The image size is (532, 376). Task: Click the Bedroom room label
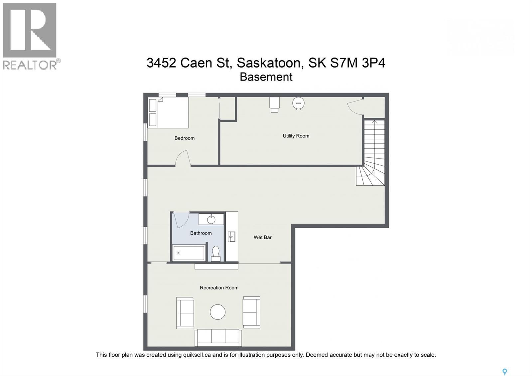coord(184,138)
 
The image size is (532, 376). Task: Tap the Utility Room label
coord(296,136)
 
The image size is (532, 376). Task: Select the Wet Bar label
coord(262,237)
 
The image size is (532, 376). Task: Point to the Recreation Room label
coord(219,287)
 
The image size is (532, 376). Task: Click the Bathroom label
coord(201,233)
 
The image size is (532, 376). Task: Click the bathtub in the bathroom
coord(189,253)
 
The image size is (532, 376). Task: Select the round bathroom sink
coord(211,219)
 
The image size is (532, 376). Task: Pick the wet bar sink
coord(232,237)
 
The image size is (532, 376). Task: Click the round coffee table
coord(218,312)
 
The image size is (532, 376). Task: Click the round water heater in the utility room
coord(298,103)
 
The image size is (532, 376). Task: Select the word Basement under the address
coord(266,77)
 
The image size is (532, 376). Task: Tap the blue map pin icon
coord(504,372)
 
